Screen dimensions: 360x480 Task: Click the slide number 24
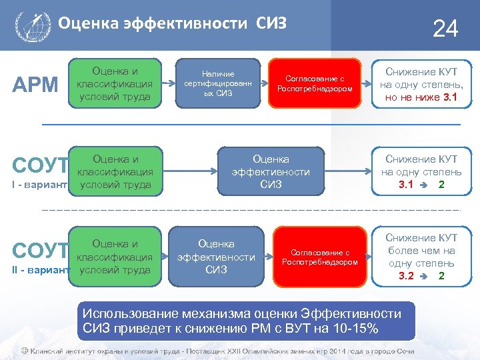pyautogui.click(x=445, y=29)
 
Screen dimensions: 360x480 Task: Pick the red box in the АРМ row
pyautogui.click(x=315, y=83)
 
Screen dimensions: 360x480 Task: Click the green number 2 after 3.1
pyautogui.click(x=441, y=185)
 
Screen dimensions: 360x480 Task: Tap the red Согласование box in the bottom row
pyautogui.click(x=320, y=257)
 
